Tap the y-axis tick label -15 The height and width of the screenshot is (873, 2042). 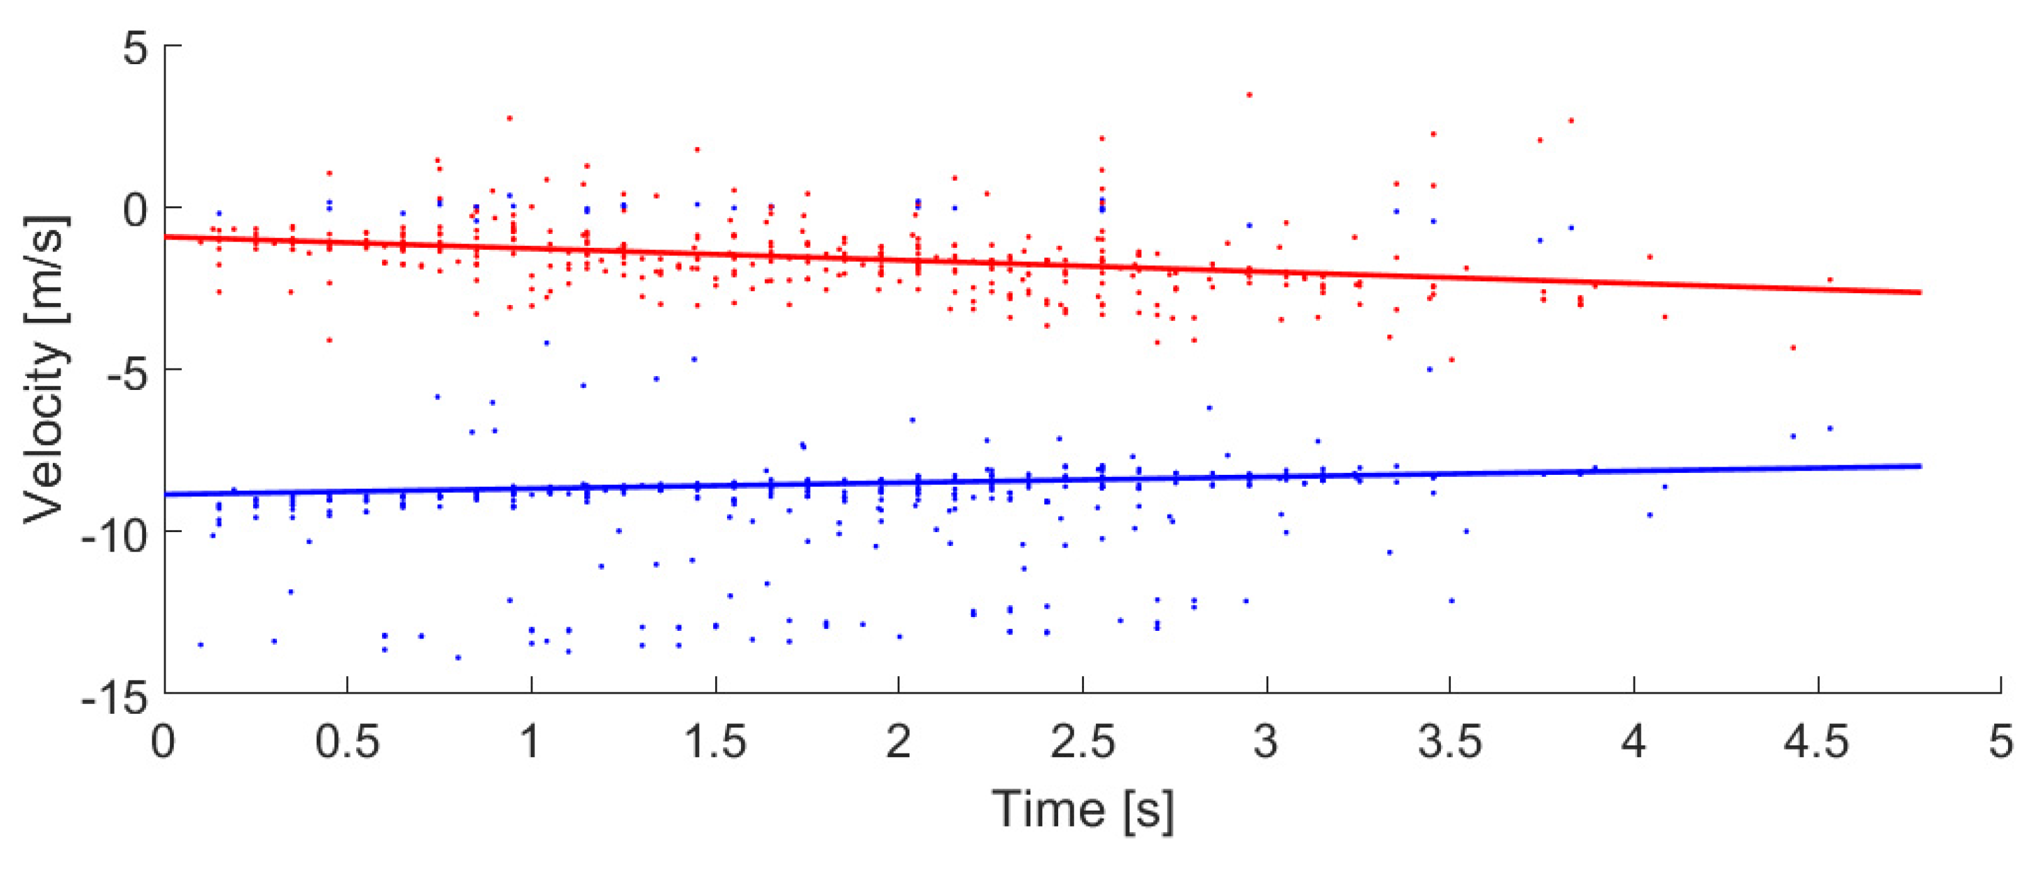pyautogui.click(x=115, y=698)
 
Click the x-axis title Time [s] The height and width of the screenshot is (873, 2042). pyautogui.click(x=1083, y=809)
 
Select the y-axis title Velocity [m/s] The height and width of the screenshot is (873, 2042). pyautogui.click(x=45, y=369)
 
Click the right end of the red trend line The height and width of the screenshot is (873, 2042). pyautogui.click(x=1920, y=292)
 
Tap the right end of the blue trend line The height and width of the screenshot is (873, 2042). pyautogui.click(x=1920, y=466)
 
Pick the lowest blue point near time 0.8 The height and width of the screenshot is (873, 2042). pyautogui.click(x=458, y=657)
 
